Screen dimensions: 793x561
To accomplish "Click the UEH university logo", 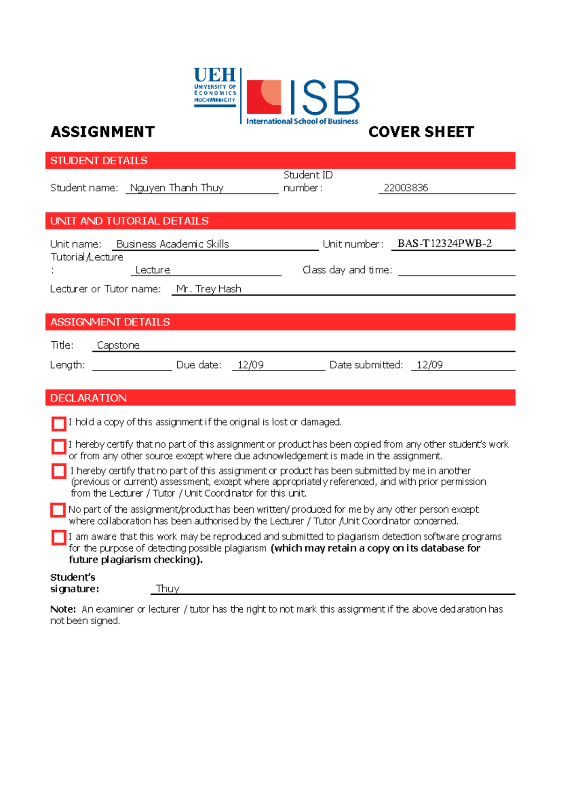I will tap(215, 88).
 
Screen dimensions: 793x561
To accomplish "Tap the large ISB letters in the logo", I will tap(324, 98).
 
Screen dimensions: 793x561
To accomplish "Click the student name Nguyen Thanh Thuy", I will tap(176, 188).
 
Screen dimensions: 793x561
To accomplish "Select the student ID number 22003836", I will tap(406, 188).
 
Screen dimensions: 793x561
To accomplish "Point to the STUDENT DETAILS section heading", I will tap(99, 161).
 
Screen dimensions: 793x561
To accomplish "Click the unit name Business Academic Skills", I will tap(173, 244).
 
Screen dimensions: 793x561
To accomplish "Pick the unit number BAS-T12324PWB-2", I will tap(444, 244).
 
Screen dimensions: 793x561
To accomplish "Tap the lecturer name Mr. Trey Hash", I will tap(209, 289).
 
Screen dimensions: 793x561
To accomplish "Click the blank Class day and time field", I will tap(456, 270).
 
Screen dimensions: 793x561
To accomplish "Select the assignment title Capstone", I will tap(118, 346).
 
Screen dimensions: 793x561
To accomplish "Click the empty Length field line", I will tap(132, 365).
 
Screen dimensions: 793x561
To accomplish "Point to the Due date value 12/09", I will tap(250, 365).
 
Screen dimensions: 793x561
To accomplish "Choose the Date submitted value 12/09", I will tap(429, 365).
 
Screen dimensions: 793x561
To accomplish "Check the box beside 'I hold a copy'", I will tap(59, 424).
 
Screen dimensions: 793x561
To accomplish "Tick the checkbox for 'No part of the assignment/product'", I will tap(58, 510).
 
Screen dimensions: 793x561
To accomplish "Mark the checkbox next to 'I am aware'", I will tap(59, 538).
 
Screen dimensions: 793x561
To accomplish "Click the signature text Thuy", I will tap(167, 589).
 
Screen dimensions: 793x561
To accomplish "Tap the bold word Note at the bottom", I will tap(63, 609).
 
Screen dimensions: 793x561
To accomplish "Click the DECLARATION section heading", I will tap(88, 398).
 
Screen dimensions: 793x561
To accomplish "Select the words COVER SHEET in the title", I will tap(421, 132).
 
